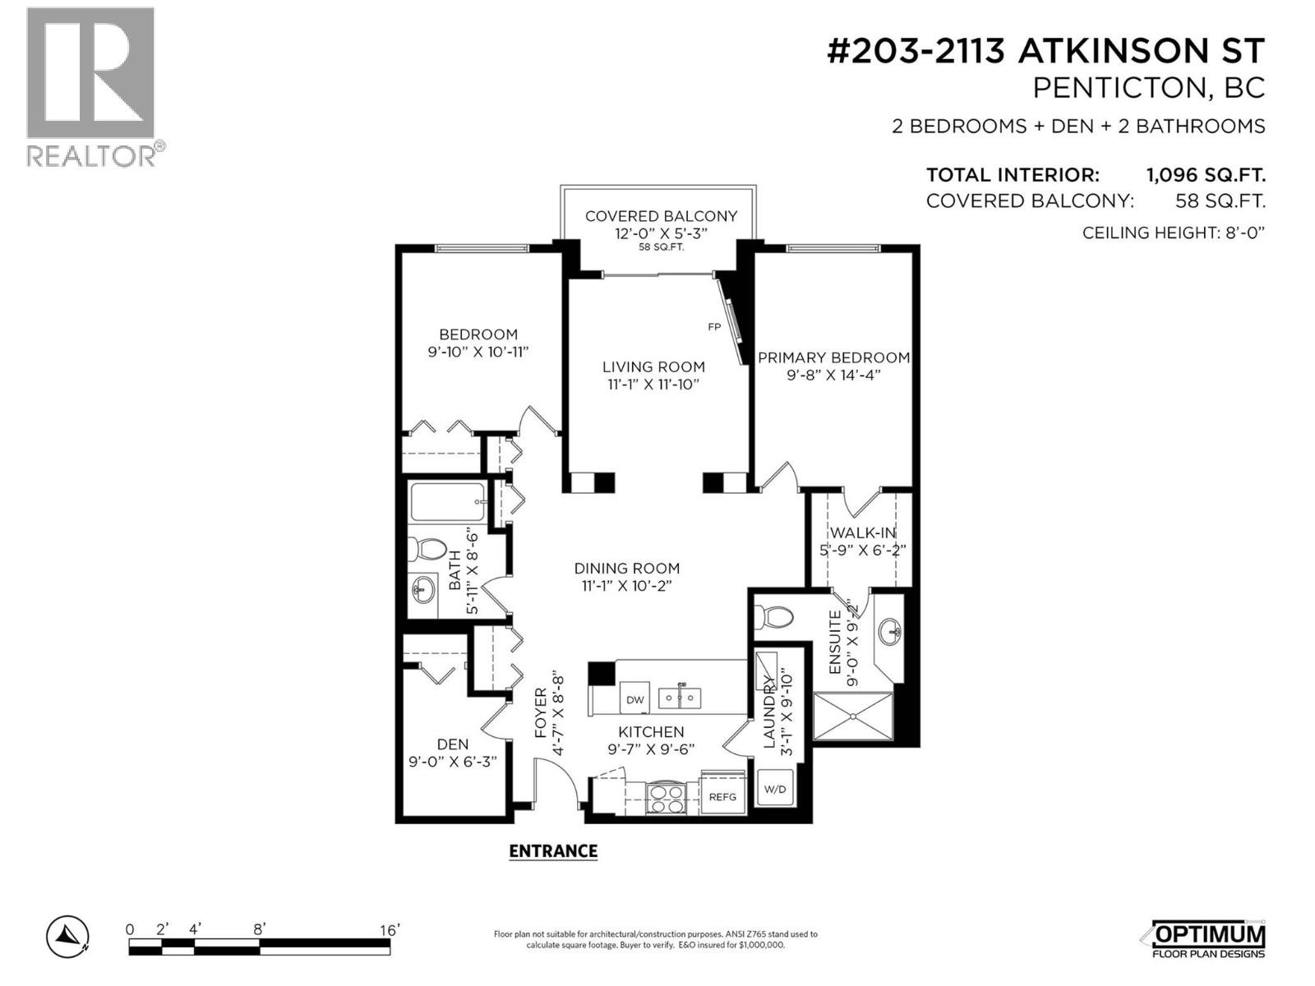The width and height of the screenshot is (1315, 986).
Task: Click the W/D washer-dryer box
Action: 775,790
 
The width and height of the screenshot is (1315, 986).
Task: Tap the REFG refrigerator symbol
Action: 722,796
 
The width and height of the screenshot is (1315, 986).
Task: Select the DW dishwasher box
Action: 635,700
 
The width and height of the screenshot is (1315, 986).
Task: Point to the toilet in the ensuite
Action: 773,615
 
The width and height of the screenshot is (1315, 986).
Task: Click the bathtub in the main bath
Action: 447,502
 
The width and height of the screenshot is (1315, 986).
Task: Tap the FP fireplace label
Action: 714,327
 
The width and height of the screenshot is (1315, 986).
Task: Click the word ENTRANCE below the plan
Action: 553,851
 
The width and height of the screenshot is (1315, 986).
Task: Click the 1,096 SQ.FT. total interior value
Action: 1205,175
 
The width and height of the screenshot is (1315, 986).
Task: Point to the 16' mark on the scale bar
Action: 389,930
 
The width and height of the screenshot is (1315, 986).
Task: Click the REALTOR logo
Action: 92,86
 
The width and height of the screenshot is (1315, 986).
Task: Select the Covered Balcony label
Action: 661,216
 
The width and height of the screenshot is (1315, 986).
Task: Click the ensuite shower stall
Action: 852,716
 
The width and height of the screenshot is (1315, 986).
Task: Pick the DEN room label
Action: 453,744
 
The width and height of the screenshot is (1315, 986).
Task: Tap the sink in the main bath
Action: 422,588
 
